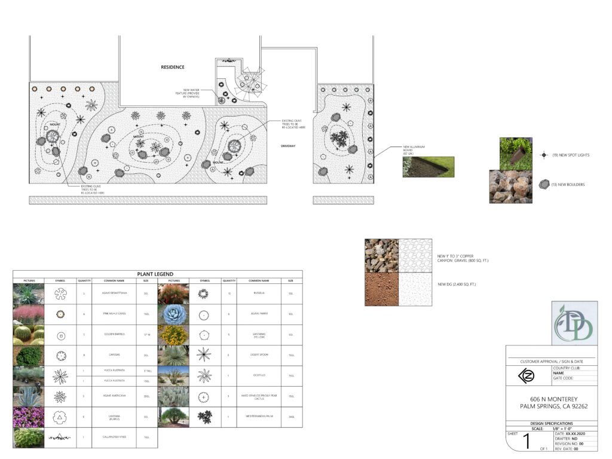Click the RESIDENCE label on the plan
tap(173, 68)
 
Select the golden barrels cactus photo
tap(29, 335)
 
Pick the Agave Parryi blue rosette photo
tap(173, 314)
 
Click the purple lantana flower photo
tap(29, 417)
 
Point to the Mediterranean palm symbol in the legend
tap(204, 417)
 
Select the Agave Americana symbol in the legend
tap(60, 397)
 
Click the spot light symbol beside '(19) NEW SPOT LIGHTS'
tap(543, 155)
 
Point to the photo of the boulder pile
tap(510, 187)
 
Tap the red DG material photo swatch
tap(381, 289)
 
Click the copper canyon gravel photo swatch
tap(381, 256)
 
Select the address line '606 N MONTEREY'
tap(550, 399)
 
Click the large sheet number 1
tap(526, 442)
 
